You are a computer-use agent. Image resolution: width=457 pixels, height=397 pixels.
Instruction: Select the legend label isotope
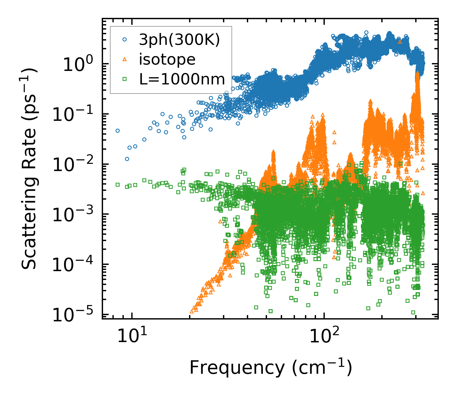(x=167, y=60)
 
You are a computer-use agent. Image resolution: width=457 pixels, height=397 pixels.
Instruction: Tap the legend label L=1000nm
(x=182, y=80)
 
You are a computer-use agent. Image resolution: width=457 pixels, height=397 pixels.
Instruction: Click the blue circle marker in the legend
(x=124, y=40)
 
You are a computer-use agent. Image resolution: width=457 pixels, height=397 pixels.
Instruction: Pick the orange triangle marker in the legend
(x=124, y=60)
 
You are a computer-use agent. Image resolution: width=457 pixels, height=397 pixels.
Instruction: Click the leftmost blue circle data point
(x=118, y=131)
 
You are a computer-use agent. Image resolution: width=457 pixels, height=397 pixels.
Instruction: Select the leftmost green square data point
(x=118, y=185)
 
